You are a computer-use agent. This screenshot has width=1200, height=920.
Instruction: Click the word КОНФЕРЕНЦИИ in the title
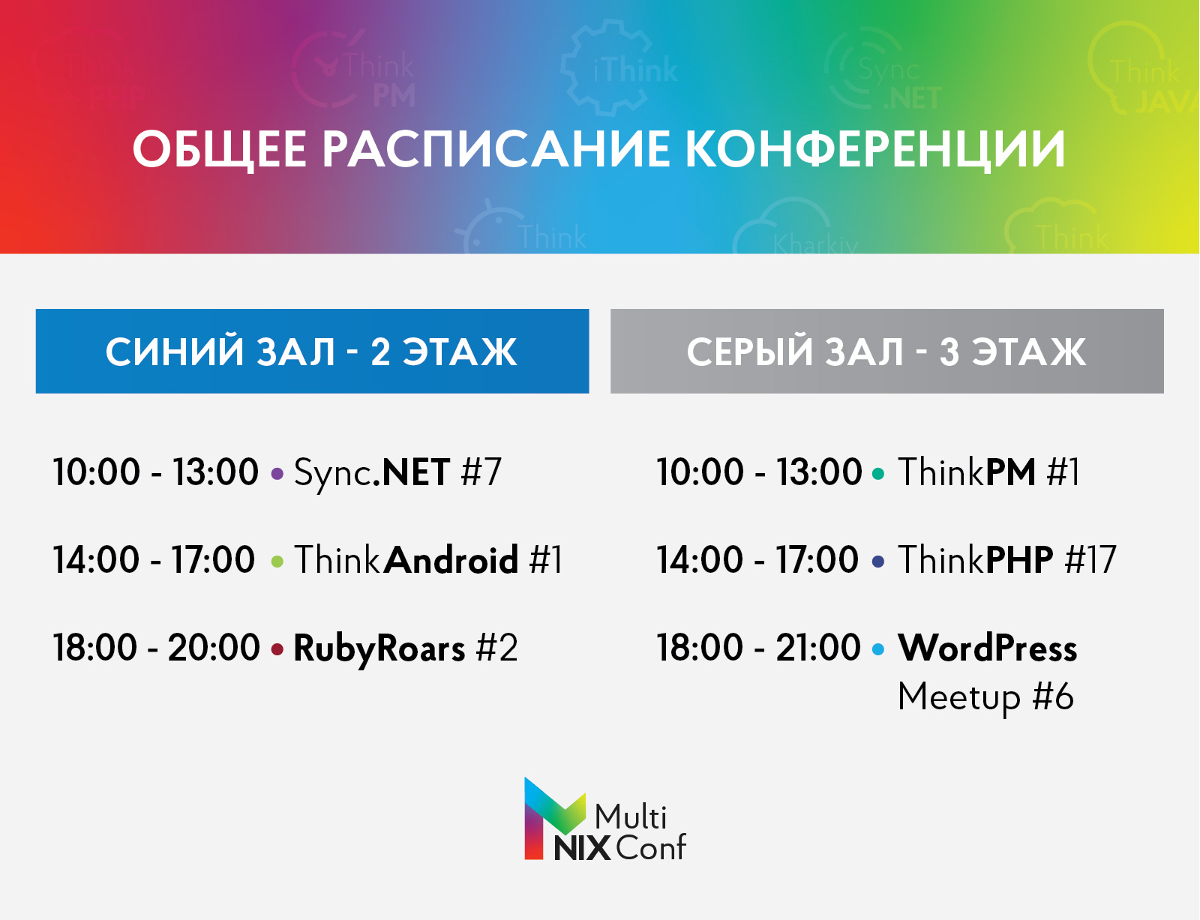point(875,148)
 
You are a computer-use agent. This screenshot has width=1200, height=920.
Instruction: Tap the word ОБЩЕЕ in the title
point(219,148)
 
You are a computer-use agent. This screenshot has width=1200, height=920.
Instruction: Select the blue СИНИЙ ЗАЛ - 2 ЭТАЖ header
point(312,351)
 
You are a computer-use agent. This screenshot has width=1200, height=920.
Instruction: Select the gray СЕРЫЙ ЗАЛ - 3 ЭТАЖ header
point(886,351)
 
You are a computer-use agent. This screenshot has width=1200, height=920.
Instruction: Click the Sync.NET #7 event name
point(397,473)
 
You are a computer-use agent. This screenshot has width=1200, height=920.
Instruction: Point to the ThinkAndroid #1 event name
point(428,560)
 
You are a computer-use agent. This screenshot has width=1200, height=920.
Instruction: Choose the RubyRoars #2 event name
point(406,648)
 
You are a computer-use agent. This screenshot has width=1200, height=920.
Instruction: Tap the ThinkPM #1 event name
point(989,473)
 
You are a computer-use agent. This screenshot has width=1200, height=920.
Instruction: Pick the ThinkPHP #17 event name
point(1007,560)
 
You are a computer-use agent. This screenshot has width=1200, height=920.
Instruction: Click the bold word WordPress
point(988,648)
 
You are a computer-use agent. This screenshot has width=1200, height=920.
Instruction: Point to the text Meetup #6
point(985,697)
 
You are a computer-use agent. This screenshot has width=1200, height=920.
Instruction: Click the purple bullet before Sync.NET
point(277,474)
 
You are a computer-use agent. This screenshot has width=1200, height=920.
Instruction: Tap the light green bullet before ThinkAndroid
point(277,562)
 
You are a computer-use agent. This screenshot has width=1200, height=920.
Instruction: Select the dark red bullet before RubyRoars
point(277,649)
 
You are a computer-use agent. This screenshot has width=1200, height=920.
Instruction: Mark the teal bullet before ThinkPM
point(878,474)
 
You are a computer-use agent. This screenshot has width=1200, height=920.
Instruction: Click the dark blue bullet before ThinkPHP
point(878,562)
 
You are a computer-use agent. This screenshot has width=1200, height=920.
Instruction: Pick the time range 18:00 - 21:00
point(758,648)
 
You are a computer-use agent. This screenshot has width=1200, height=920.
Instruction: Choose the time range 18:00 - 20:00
point(156,648)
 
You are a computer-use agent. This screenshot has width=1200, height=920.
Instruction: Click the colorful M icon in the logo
point(552,817)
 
